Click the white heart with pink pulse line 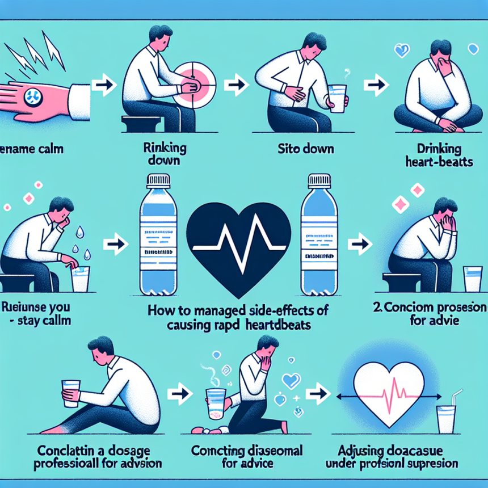click(x=391, y=392)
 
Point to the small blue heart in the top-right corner click(x=402, y=51)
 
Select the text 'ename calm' click(x=31, y=151)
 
